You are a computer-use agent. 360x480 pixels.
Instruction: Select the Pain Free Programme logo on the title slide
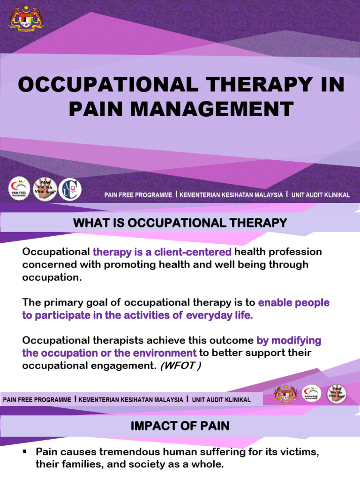(19, 190)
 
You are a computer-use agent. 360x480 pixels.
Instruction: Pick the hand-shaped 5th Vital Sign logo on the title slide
(45, 189)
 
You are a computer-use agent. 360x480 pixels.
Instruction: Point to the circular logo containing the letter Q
(70, 189)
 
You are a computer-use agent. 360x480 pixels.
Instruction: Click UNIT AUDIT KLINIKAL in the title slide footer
(321, 195)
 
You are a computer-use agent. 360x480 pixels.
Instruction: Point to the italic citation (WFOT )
(180, 366)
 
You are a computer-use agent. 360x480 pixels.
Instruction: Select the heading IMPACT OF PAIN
(180, 426)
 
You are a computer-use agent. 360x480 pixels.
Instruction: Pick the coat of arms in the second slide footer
(286, 393)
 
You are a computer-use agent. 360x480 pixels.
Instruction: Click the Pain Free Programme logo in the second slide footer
(311, 393)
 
